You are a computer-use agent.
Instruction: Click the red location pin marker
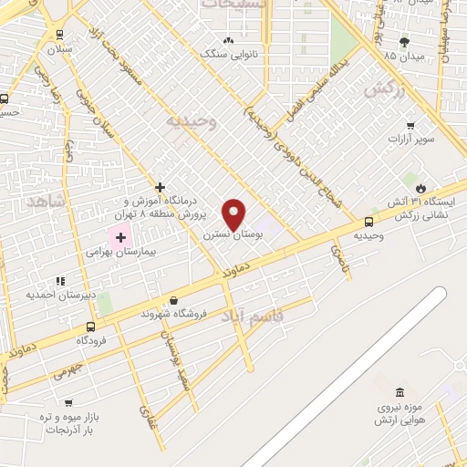coord(235,214)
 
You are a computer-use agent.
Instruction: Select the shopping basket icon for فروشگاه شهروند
coord(173,300)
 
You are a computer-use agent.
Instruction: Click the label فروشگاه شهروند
coord(174,314)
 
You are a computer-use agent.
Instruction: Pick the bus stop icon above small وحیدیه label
coord(368,221)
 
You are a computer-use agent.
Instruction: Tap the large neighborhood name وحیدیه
coord(191,120)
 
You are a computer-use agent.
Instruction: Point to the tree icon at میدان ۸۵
coord(403,42)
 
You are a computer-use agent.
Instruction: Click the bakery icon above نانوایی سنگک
coord(227,40)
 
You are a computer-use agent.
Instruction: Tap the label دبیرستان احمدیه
coord(61,294)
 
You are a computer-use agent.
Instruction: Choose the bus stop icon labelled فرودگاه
coord(91,326)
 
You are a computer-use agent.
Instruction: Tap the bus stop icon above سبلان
coord(60,34)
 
